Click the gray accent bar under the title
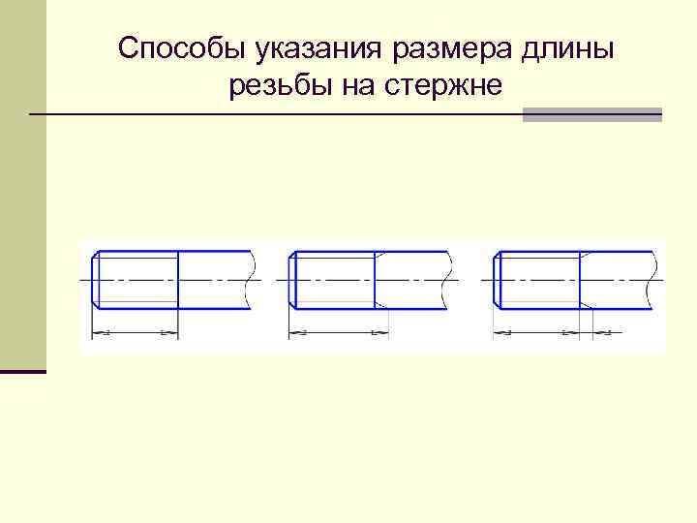tap(591, 114)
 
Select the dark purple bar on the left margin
tap(23, 371)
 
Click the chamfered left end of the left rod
tap(94, 281)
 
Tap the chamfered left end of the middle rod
tap(292, 281)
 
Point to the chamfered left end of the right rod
tap(497, 281)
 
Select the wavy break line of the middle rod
tap(451, 281)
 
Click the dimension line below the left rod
tap(135, 334)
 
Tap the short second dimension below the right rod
tap(601, 334)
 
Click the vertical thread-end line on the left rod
tap(178, 281)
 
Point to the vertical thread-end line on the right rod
tap(580, 281)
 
